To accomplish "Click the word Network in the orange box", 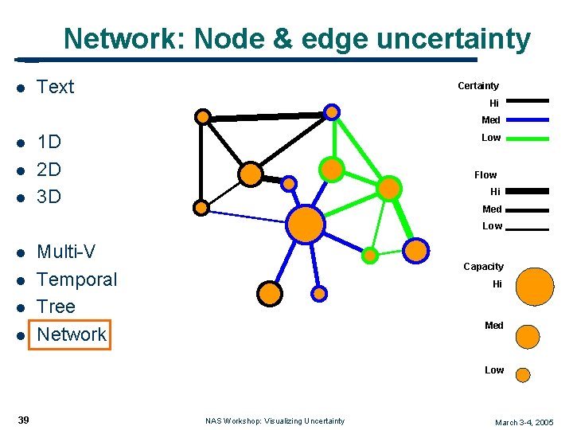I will click(x=72, y=334).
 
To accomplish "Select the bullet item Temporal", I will click(x=76, y=279).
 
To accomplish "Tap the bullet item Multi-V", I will click(x=66, y=252).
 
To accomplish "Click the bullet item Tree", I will click(x=56, y=307).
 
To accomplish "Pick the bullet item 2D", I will click(x=49, y=170).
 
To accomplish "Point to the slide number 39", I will click(x=23, y=420).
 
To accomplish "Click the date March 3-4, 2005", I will click(x=524, y=422).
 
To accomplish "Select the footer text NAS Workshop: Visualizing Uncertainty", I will click(x=275, y=420).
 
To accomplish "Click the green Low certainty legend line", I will click(x=527, y=139).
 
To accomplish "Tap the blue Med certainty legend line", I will click(x=527, y=119).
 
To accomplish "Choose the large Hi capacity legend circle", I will click(x=535, y=287).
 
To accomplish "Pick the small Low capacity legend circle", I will click(x=523, y=374).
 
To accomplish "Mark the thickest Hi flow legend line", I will click(x=527, y=191).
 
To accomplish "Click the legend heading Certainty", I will click(x=478, y=86).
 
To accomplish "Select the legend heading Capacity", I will click(x=483, y=267).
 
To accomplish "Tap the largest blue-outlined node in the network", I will click(x=306, y=224).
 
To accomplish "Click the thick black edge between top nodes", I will click(x=267, y=116).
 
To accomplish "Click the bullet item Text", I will click(x=55, y=87).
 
